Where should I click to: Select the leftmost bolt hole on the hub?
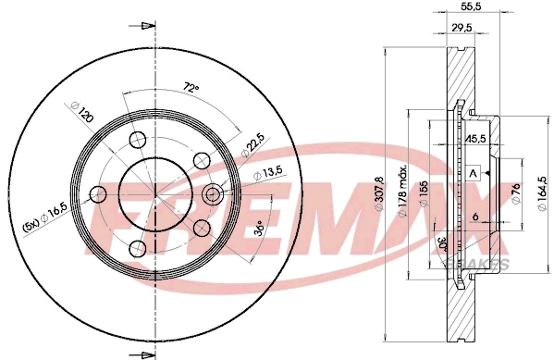97,194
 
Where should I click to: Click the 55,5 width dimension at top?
469,6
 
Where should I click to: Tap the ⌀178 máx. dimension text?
404,185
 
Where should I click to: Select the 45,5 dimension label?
477,140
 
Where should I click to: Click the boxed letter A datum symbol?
474,173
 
